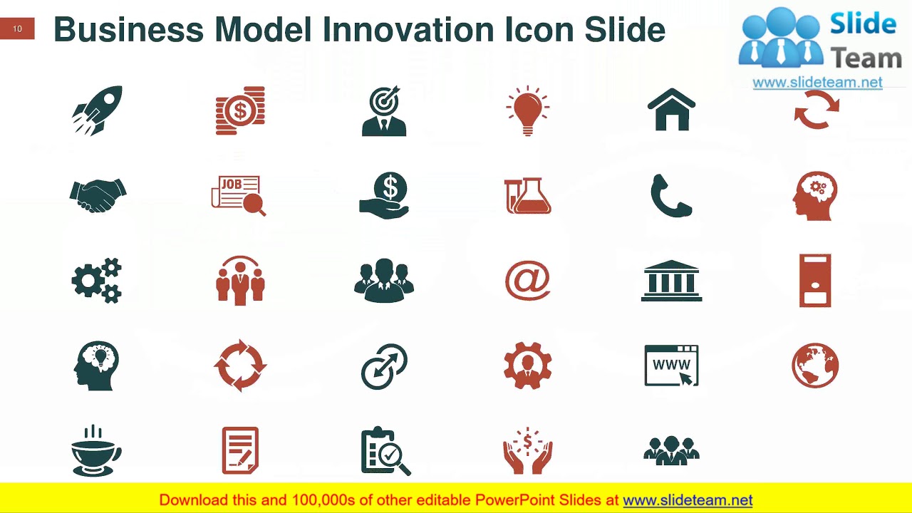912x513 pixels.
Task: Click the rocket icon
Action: [x=98, y=110]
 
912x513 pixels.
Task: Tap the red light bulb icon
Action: [x=527, y=111]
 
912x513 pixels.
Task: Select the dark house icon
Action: [x=671, y=110]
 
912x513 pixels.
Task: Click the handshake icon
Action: [x=98, y=195]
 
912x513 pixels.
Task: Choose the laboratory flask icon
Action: [x=528, y=195]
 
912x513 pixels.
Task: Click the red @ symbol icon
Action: [x=527, y=280]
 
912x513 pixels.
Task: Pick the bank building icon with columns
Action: [x=671, y=280]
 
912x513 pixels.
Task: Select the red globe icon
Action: [x=815, y=366]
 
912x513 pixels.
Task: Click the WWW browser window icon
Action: [x=671, y=366]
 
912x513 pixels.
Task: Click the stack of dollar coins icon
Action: [x=240, y=110]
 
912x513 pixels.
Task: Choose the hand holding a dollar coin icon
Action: [x=384, y=195]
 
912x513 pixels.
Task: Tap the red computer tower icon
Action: [x=815, y=280]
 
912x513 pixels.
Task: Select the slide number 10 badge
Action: [x=17, y=29]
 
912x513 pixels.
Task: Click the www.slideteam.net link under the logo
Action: [x=817, y=83]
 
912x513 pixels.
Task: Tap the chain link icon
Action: [x=384, y=366]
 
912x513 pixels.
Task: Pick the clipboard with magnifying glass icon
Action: [x=385, y=451]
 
